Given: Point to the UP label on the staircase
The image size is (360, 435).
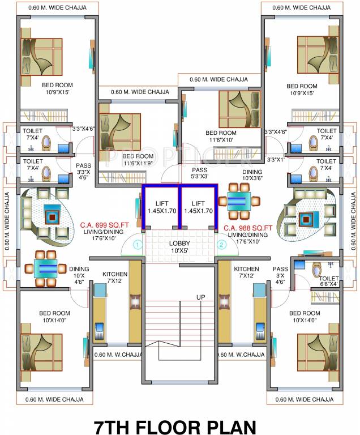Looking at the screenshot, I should coord(200,297).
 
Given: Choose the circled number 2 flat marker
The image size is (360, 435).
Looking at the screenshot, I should coord(222,245).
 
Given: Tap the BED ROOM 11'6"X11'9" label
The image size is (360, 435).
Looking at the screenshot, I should coord(138,160).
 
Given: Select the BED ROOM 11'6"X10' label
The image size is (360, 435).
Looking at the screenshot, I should coord(221,137).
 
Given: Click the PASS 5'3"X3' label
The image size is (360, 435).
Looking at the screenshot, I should coord(199,173).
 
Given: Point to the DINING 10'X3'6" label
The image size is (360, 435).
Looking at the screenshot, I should coord(252,174).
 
